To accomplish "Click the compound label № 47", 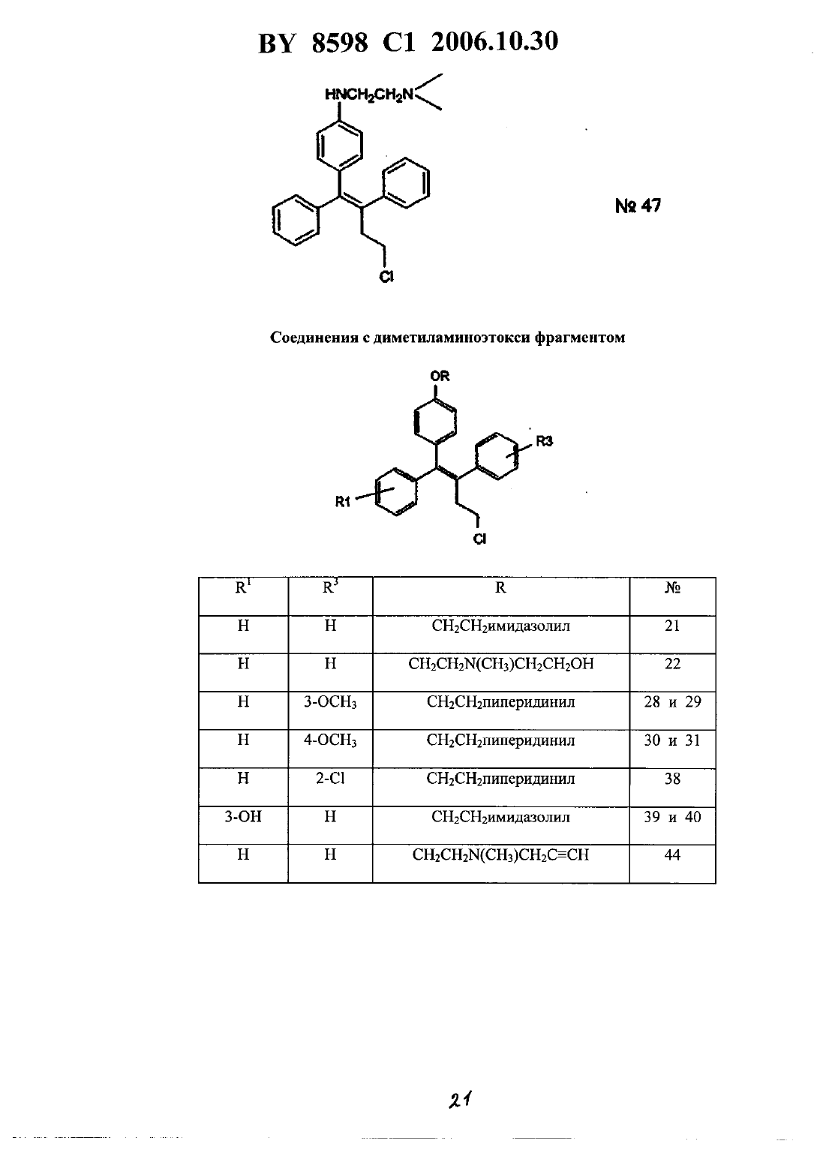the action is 638,206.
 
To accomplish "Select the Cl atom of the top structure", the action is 386,276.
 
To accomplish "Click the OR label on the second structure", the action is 440,375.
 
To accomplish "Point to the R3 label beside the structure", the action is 545,441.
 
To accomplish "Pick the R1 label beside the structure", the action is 343,502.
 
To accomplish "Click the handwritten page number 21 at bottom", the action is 460,1100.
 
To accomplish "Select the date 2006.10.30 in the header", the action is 495,41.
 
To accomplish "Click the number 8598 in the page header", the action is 340,42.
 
